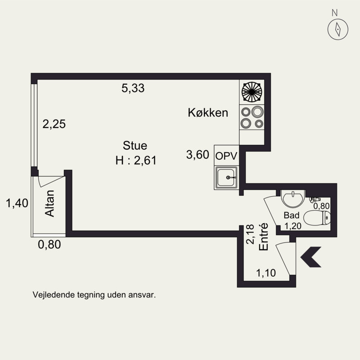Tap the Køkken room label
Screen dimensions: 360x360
click(x=208, y=113)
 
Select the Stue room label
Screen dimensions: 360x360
click(x=135, y=146)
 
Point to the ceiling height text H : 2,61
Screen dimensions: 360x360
click(x=135, y=160)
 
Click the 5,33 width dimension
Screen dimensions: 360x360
click(x=133, y=89)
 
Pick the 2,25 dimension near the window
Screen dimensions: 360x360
click(x=54, y=124)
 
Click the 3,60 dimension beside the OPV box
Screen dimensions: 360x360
click(x=198, y=155)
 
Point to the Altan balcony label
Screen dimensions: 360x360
click(x=50, y=204)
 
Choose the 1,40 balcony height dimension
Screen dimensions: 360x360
click(x=17, y=203)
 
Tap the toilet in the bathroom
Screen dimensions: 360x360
click(x=317, y=219)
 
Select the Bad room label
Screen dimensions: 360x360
click(x=291, y=215)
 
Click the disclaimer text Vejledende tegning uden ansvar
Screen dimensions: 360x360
click(x=94, y=296)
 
